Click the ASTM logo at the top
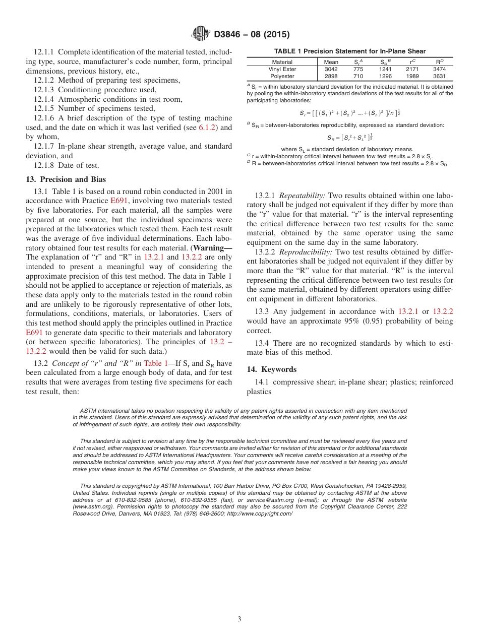click(201, 34)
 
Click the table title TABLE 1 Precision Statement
click(349, 51)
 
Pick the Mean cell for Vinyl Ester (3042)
click(331, 69)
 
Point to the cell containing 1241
click(385, 69)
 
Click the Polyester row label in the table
click(282, 77)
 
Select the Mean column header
click(331, 62)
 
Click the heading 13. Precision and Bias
click(66, 179)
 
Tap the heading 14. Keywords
click(272, 369)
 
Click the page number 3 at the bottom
click(239, 619)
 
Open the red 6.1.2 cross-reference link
click(207, 127)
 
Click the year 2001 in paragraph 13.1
click(212, 191)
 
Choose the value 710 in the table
click(358, 77)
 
